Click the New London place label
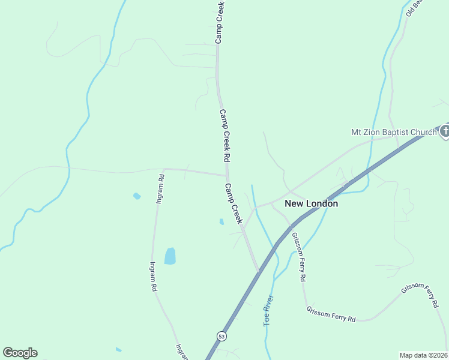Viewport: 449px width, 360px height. [311, 203]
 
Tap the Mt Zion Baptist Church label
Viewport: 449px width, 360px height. [394, 132]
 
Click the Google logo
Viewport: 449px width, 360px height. [20, 353]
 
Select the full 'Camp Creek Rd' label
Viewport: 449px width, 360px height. [225, 135]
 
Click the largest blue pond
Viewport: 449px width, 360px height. [170, 256]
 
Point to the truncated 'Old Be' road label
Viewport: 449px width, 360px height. [414, 7]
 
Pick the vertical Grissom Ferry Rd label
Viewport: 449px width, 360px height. [299, 257]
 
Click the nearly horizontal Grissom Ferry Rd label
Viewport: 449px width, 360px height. [331, 314]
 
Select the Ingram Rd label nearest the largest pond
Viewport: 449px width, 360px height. [154, 276]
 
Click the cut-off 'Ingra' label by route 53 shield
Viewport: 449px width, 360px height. [179, 351]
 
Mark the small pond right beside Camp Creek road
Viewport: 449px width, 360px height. [221, 221]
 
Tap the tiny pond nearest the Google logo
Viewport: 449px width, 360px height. [118, 349]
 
